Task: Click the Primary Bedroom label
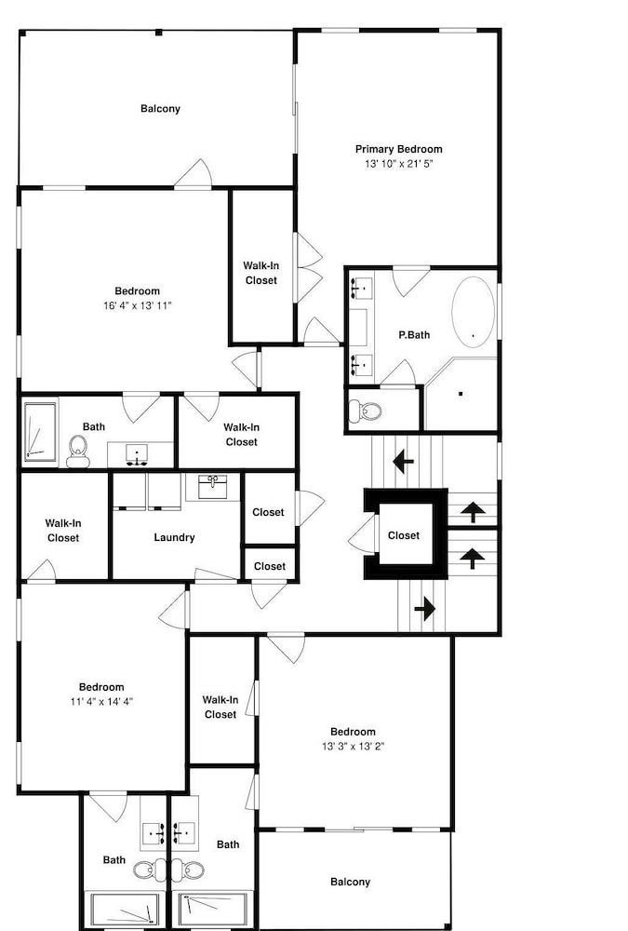(398, 149)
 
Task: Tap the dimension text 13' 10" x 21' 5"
(399, 164)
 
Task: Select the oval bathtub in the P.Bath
(473, 312)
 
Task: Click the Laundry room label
(174, 537)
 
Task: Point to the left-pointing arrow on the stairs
(404, 461)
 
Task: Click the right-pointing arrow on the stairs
(425, 609)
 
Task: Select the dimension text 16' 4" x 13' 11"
(137, 305)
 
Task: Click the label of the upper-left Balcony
(160, 109)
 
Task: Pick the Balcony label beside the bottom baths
(350, 883)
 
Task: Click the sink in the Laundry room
(212, 487)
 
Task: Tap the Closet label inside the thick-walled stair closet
(404, 535)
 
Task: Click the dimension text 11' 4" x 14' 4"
(101, 702)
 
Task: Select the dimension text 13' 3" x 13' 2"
(354, 747)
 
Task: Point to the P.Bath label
(414, 335)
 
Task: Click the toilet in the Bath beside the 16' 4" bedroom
(78, 452)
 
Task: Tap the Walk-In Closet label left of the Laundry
(63, 531)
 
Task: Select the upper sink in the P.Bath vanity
(361, 288)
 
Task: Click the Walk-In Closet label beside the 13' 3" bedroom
(220, 708)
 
